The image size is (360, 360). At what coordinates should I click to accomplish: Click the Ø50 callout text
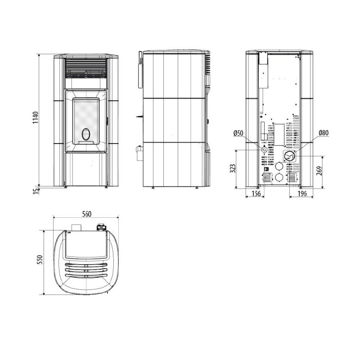(238, 133)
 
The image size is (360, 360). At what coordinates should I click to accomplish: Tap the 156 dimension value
(256, 194)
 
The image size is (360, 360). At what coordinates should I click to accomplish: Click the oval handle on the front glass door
(85, 134)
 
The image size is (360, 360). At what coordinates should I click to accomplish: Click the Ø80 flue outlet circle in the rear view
(289, 156)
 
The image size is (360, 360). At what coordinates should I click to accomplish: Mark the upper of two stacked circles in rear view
(279, 166)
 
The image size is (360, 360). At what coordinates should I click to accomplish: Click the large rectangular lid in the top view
(86, 243)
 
